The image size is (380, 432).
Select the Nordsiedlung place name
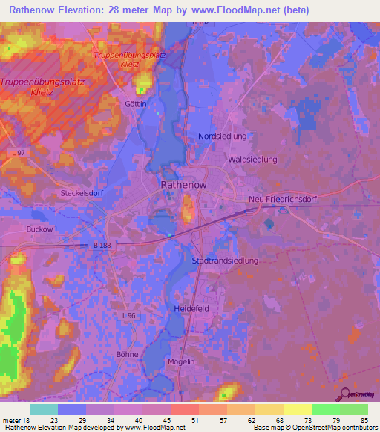point(222,137)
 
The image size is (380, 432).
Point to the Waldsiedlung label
point(253,160)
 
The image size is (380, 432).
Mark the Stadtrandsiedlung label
point(225,261)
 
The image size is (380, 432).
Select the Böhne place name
point(128,355)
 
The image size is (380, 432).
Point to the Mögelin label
point(181,361)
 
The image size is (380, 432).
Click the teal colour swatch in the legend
point(43,409)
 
